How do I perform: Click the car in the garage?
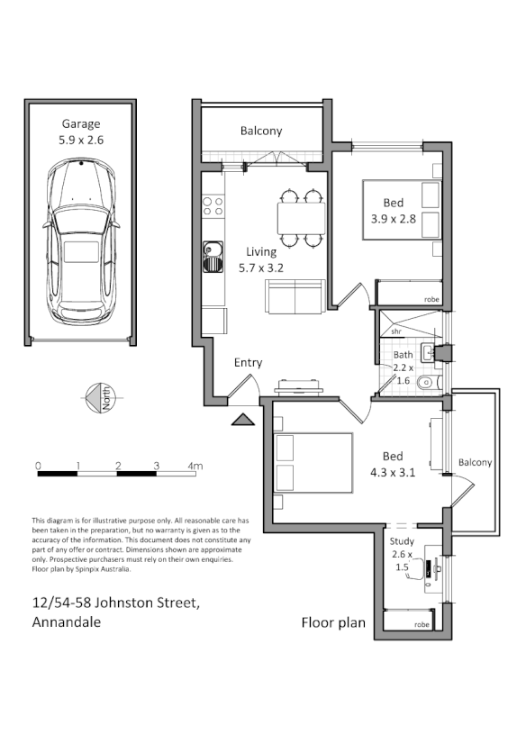[x=82, y=243]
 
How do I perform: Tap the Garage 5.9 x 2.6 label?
[x=81, y=132]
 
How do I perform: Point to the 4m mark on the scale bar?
[x=194, y=466]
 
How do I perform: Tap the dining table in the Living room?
[x=300, y=217]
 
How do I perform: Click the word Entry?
[x=248, y=363]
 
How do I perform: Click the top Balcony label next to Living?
[x=261, y=131]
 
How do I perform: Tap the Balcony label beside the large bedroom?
[x=475, y=462]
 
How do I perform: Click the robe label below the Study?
[x=421, y=623]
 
